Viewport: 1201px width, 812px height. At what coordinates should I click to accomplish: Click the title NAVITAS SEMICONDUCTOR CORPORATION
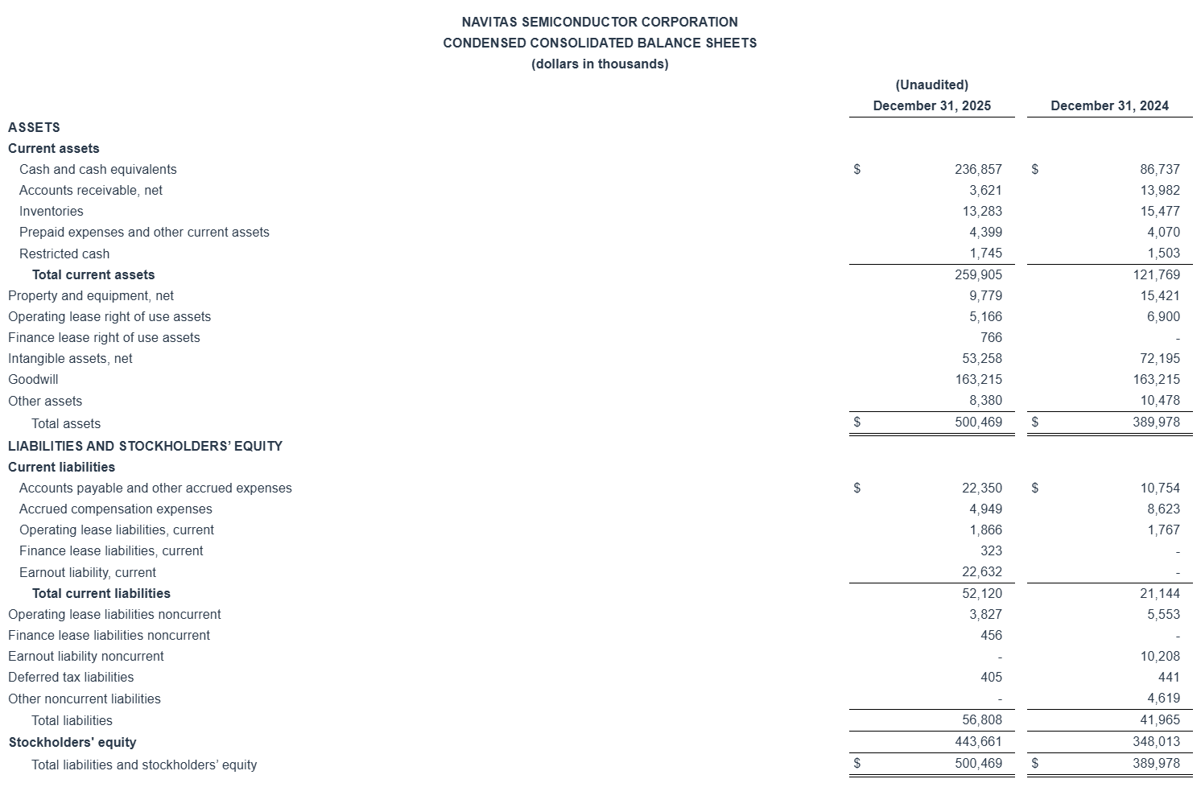tap(600, 22)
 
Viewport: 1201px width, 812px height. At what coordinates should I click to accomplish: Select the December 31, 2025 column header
tap(931, 105)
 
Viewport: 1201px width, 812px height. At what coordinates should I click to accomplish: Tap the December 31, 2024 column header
tap(1109, 105)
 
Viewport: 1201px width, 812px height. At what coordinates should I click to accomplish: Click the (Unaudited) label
tap(931, 84)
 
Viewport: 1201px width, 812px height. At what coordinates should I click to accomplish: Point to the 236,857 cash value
tap(978, 169)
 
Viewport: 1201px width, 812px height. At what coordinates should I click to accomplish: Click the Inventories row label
tap(51, 211)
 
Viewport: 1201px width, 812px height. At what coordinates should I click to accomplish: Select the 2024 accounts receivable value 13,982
tap(1159, 190)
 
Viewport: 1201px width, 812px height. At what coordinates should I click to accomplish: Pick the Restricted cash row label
tap(64, 253)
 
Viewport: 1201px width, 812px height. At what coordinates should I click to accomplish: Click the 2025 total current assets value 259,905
tap(978, 274)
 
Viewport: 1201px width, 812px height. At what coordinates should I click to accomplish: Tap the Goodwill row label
tap(33, 379)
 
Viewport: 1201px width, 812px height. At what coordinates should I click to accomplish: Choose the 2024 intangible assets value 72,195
tap(1159, 358)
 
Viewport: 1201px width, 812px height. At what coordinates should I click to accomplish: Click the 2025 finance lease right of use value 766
tap(991, 337)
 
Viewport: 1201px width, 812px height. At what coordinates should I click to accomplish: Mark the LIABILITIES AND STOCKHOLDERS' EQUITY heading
tap(145, 446)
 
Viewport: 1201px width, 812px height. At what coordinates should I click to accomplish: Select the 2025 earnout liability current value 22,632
tap(981, 572)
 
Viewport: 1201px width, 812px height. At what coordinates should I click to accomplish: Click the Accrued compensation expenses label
tap(116, 509)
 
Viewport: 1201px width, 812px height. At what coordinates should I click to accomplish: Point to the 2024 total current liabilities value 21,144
tap(1159, 593)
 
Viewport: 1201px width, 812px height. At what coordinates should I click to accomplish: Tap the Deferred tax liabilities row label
tap(71, 677)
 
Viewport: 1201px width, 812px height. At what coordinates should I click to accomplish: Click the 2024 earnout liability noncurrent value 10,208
tap(1159, 656)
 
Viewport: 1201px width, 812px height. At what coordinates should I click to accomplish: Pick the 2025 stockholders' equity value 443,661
tap(978, 741)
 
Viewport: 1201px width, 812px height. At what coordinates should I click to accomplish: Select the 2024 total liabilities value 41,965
tap(1159, 720)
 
